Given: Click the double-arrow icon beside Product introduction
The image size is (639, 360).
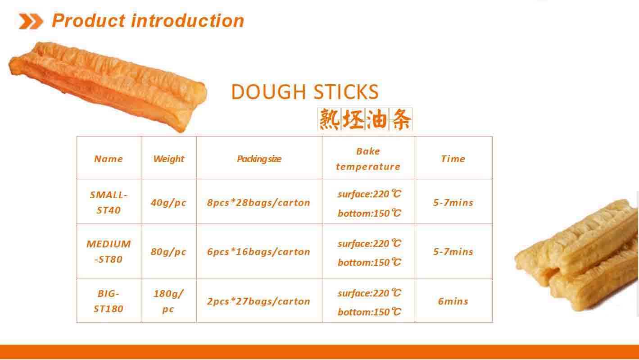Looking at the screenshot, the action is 31,21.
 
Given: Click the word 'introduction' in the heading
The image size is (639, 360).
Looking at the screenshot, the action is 187,21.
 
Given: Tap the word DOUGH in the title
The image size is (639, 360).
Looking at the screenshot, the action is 268,91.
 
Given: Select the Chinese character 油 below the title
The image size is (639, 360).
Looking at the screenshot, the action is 376,119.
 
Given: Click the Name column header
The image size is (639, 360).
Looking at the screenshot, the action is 109,159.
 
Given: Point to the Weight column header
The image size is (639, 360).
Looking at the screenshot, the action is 168,159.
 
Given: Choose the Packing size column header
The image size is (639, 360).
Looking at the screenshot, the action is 259,159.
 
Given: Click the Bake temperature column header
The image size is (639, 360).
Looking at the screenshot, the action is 368,159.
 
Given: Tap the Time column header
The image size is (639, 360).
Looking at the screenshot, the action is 453,159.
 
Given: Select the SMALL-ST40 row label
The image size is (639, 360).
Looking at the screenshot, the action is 109,202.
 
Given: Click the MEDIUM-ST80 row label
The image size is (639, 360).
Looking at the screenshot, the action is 109,251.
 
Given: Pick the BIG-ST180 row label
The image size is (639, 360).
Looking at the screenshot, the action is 109,301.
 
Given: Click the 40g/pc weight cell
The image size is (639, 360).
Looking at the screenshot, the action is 168,203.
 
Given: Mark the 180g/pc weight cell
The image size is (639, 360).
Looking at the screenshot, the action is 168,301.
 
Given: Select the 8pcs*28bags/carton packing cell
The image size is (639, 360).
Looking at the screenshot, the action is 258,203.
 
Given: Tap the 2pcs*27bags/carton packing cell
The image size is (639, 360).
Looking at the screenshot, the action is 258,301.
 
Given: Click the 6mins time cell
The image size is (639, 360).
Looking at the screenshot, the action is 453,301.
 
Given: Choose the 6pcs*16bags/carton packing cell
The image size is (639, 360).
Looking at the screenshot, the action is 258,252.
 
